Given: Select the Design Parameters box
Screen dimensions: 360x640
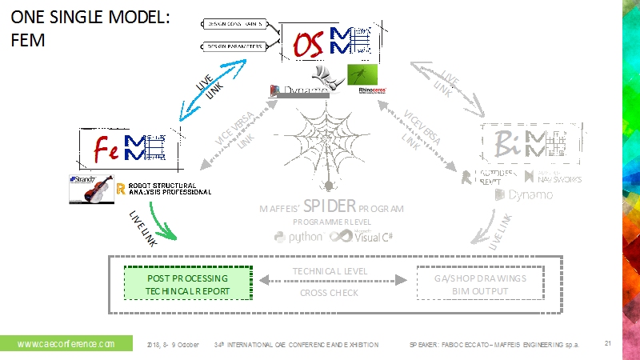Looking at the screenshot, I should click(x=234, y=46).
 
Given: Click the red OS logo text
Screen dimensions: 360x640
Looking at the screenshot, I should click(x=308, y=45).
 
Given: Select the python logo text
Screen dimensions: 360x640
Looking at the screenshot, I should click(x=298, y=237).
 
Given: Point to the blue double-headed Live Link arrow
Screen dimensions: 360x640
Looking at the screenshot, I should click(x=183, y=100).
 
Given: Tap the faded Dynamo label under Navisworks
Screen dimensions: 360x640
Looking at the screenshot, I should click(x=523, y=194).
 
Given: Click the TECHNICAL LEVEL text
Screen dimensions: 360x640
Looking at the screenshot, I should click(x=330, y=271).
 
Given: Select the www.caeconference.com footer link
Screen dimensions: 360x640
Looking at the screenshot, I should click(x=66, y=344).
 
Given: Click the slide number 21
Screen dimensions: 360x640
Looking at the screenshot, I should click(x=607, y=344).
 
